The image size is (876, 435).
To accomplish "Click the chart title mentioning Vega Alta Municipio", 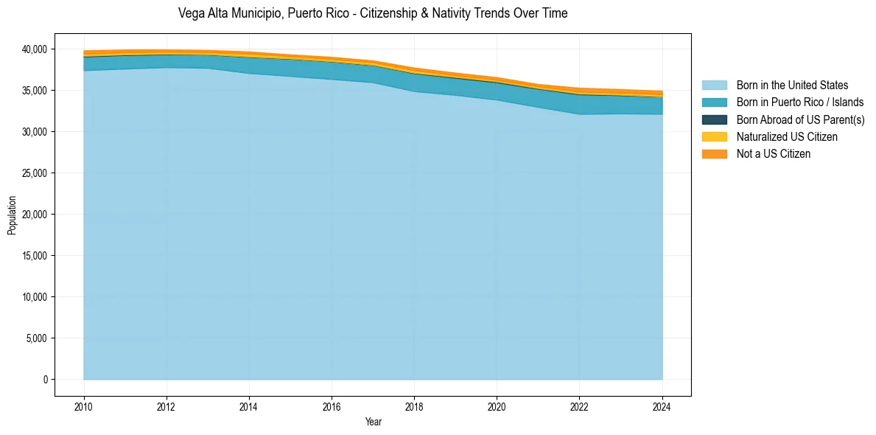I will (373, 13).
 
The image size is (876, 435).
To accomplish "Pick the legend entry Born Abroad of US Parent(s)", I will (800, 119).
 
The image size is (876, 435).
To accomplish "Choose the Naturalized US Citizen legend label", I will (787, 136).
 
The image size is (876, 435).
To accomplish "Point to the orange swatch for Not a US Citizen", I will (714, 153).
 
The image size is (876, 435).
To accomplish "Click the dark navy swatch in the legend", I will (714, 119).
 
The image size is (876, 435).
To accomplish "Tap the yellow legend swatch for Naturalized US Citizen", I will (714, 136).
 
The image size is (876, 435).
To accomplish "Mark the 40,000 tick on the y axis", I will (34, 49).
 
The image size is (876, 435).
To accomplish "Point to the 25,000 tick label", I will (34, 173).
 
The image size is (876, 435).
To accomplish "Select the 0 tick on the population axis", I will (44, 380).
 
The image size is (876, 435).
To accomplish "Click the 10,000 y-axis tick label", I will (34, 297).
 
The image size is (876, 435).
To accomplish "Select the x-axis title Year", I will (373, 422).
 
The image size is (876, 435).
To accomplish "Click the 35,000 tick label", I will (34, 91).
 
